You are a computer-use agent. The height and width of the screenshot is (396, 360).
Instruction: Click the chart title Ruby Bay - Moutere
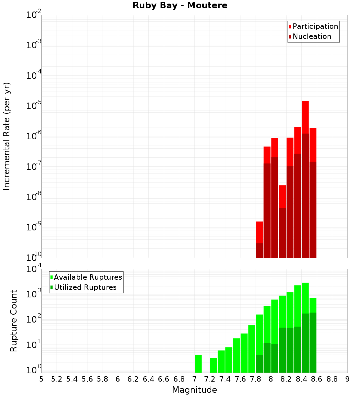[180, 6]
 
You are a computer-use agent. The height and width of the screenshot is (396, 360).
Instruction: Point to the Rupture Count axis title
[14, 321]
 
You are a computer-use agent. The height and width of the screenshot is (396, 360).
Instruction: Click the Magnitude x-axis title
[194, 390]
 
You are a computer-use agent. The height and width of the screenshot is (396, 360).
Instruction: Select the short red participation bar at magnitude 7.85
[259, 232]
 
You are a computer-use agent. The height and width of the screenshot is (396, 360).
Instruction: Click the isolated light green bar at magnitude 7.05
[198, 364]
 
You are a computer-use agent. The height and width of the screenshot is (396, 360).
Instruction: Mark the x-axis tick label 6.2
[133, 379]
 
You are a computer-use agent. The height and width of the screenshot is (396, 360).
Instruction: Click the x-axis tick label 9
[347, 379]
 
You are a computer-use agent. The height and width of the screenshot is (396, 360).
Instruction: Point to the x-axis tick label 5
[41, 379]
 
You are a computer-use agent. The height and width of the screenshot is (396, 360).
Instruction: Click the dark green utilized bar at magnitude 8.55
[313, 342]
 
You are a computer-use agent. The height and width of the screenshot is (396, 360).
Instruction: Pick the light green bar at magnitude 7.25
[213, 365]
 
